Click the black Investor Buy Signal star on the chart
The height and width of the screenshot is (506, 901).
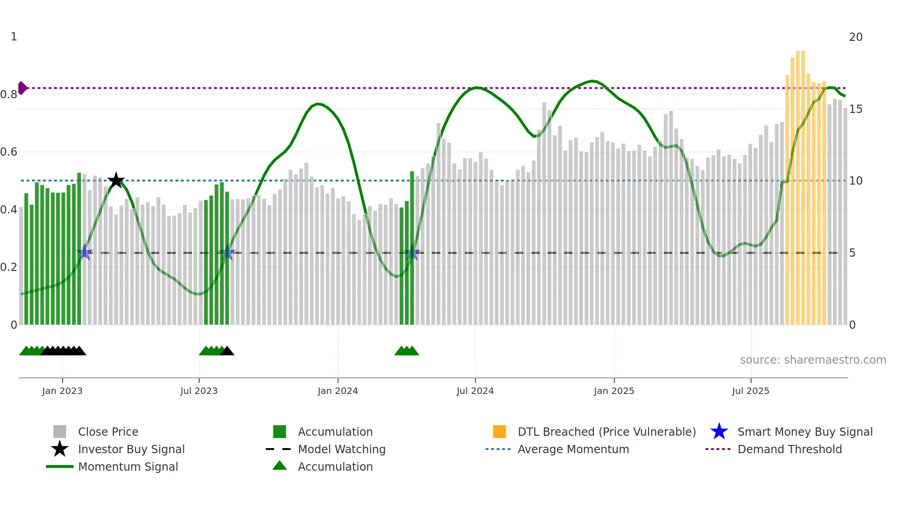[116, 180]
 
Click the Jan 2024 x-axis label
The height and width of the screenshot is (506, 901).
[337, 391]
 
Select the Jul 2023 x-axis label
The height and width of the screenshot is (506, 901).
[199, 391]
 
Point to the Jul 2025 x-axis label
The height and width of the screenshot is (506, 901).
[750, 391]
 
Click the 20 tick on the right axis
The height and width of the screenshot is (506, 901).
[855, 37]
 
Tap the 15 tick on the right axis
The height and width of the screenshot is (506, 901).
[855, 109]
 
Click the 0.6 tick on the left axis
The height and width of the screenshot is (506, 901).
[9, 152]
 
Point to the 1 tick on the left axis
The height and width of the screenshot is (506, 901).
[14, 37]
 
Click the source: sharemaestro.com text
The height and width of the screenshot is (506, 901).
[813, 360]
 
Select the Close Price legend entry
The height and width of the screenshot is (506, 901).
[108, 432]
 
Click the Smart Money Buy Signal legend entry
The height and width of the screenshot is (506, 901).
[804, 432]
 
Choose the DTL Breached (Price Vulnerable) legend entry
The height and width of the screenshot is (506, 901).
[606, 432]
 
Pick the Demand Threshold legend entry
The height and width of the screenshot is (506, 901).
[789, 450]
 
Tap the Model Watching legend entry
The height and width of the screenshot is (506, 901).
[342, 450]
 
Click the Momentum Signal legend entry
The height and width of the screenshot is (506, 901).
[128, 467]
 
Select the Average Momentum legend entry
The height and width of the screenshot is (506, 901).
[573, 450]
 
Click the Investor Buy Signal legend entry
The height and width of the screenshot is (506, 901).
[131, 450]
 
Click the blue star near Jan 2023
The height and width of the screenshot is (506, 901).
[85, 253]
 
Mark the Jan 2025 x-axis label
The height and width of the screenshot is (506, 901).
[614, 391]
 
